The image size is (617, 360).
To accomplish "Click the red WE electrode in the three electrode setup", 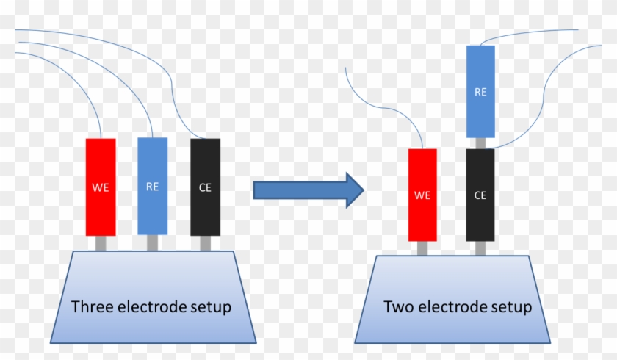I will pyautogui.click(x=101, y=187).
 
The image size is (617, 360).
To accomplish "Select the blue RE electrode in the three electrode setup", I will pyautogui.click(x=152, y=186).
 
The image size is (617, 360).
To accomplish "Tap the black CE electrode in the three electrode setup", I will pyautogui.click(x=205, y=187).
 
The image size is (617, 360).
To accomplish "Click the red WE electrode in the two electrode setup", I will pyautogui.click(x=422, y=195).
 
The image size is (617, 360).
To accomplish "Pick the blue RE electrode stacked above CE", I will pyautogui.click(x=480, y=92).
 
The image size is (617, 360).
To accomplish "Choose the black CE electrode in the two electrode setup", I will pyautogui.click(x=480, y=195).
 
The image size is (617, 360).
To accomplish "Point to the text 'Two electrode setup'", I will pyautogui.click(x=458, y=306).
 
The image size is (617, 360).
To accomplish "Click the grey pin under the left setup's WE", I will pyautogui.click(x=101, y=242).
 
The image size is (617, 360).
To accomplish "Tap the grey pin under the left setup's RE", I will pyautogui.click(x=152, y=242).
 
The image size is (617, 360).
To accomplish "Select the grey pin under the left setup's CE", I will pyautogui.click(x=205, y=242).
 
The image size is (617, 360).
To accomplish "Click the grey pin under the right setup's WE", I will pyautogui.click(x=422, y=248).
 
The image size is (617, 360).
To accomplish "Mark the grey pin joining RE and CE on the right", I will pyautogui.click(x=480, y=143).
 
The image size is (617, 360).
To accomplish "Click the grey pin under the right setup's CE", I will pyautogui.click(x=480, y=248).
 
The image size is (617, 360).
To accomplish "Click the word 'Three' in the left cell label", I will pyautogui.click(x=91, y=306).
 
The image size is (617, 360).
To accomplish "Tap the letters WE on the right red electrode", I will pyautogui.click(x=422, y=195).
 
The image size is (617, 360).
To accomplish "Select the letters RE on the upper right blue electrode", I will pyautogui.click(x=480, y=93).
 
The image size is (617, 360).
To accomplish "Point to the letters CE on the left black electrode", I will pyautogui.click(x=205, y=187).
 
